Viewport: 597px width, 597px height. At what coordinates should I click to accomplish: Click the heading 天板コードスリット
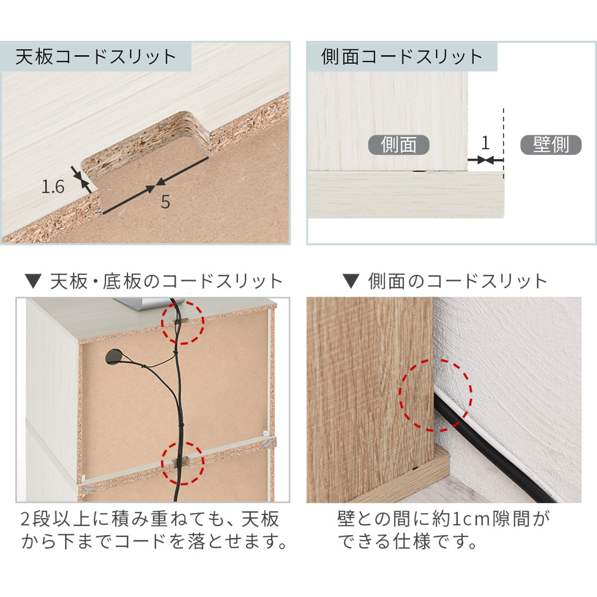tap(96, 57)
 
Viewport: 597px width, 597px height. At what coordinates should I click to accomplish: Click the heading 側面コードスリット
tap(401, 57)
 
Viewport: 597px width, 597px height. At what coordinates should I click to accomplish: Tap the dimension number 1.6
tap(53, 187)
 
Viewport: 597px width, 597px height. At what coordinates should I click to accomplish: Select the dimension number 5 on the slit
tap(165, 202)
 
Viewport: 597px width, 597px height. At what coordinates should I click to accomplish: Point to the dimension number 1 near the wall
tap(485, 143)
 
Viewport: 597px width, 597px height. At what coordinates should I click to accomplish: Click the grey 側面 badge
tap(398, 145)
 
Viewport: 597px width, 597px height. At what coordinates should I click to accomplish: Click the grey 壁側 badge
tap(551, 145)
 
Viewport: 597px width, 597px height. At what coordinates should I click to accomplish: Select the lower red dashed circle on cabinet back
tap(183, 463)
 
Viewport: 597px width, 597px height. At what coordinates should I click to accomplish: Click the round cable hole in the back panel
tap(115, 357)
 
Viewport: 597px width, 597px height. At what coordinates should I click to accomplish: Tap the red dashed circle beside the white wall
tap(436, 396)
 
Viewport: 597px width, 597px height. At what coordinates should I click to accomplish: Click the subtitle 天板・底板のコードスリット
tap(167, 282)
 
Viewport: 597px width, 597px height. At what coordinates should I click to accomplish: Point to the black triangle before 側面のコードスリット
tap(351, 282)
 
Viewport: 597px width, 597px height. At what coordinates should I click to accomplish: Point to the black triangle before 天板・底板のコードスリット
tap(33, 282)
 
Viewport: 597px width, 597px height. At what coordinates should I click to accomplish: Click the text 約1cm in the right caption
tap(461, 519)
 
